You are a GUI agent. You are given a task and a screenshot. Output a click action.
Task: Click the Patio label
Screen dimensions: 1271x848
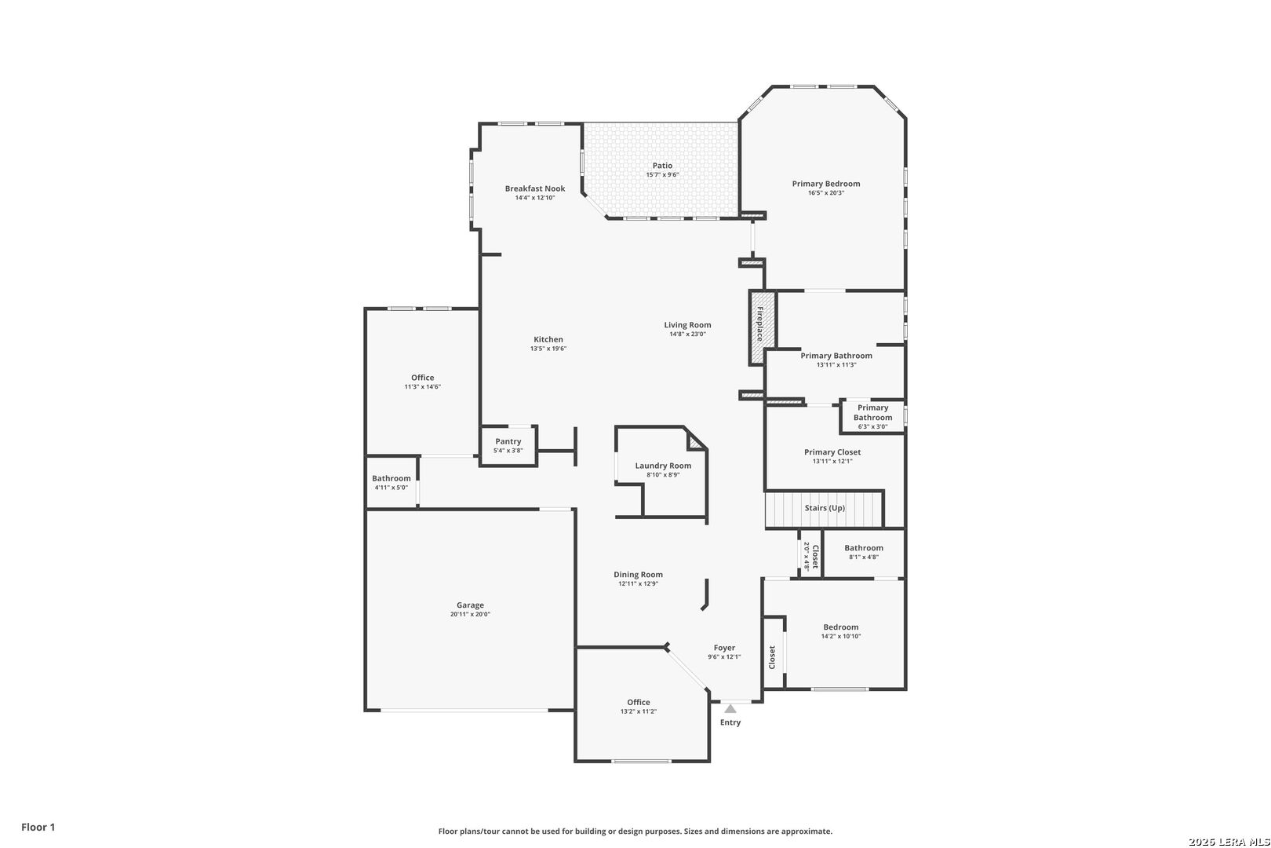coord(662,166)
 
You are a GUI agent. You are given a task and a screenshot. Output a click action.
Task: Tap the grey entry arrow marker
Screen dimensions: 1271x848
coord(730,709)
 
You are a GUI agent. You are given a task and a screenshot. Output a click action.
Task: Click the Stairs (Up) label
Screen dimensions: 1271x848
coord(825,508)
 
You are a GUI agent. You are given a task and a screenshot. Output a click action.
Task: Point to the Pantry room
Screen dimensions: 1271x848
coord(508,446)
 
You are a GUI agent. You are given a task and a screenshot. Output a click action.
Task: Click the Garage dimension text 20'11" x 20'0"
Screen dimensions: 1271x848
coord(471,614)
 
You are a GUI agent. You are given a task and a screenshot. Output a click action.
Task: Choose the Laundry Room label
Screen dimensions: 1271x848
coord(663,466)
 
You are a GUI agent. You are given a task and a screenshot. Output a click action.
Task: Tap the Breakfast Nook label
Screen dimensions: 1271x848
coord(535,188)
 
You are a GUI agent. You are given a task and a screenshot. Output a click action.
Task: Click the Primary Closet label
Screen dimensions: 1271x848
coord(832,452)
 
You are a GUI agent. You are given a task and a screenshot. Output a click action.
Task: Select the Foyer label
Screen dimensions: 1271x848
coord(725,648)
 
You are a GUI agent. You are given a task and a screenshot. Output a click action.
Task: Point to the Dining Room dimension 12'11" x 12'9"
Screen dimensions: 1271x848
coord(639,583)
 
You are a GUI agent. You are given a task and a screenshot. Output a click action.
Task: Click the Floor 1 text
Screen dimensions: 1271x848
coord(38,827)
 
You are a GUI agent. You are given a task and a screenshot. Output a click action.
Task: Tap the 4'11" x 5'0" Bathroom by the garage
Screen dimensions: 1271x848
coord(391,482)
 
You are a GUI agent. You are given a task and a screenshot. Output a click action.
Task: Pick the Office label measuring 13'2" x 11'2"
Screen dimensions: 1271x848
coord(639,702)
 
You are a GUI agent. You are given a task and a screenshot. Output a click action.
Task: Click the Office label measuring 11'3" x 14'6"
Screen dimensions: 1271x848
coord(423,378)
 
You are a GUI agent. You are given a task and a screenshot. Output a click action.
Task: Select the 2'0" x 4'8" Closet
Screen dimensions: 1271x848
coord(810,555)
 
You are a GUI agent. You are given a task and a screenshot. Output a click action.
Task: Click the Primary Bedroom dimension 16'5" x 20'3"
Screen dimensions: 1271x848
coord(826,192)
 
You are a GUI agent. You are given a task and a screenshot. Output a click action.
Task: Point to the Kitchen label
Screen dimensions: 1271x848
coord(548,340)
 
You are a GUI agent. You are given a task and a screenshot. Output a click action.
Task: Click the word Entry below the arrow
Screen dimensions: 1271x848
coord(730,722)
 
